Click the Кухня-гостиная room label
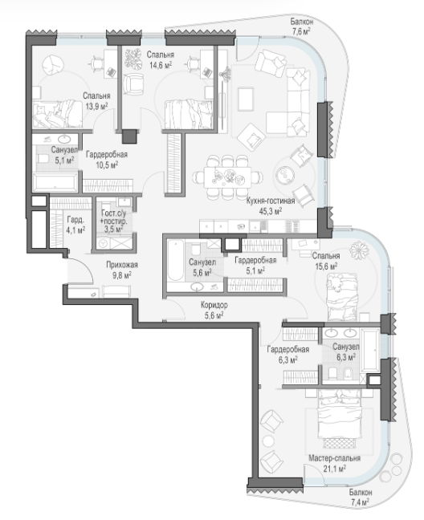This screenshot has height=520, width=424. tap(271, 201)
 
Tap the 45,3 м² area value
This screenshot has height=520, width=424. tap(271, 211)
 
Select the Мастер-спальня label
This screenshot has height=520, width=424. tap(334, 458)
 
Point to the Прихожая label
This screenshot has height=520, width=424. tap(122, 265)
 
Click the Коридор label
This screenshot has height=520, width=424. tap(214, 305)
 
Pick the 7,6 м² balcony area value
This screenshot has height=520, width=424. tap(301, 31)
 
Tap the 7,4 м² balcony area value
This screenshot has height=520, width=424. tap(361, 502)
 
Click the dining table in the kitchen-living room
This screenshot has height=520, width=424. tap(227, 177)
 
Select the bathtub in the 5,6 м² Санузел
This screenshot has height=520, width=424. tap(175, 261)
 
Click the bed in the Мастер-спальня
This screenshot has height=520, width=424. tap(338, 420)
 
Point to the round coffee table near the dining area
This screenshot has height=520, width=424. tap(284, 173)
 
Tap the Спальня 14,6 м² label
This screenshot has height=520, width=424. tap(161, 59)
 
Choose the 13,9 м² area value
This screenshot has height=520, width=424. tap(96, 107)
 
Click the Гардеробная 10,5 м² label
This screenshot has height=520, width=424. tap(107, 160)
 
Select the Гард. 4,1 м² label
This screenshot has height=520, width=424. tap(75, 225)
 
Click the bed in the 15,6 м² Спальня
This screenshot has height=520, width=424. tap(342, 297)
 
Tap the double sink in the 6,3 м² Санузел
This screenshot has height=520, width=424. tap(340, 333)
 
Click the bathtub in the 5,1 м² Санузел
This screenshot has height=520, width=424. tap(55, 182)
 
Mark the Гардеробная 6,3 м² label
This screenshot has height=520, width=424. tap(288, 354)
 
